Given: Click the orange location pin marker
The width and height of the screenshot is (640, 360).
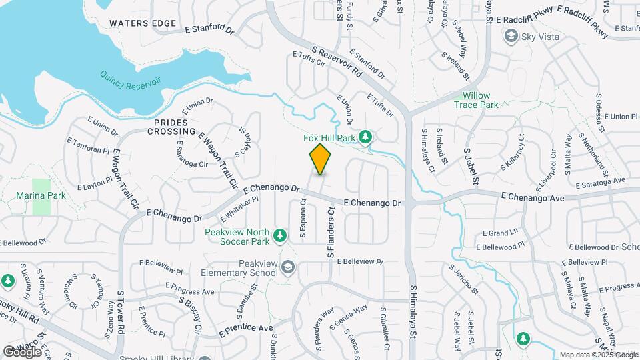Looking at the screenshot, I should [x=320, y=159].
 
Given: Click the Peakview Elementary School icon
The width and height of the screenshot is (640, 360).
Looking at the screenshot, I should [x=288, y=267].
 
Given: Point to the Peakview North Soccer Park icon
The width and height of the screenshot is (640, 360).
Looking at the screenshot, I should [x=281, y=235].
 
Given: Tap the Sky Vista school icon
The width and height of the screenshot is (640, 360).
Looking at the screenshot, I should [x=511, y=37].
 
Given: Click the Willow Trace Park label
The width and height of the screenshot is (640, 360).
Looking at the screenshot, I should [x=476, y=100].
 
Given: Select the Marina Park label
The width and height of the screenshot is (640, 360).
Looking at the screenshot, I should [x=41, y=196].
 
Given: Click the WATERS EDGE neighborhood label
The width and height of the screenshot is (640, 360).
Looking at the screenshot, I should [x=143, y=23].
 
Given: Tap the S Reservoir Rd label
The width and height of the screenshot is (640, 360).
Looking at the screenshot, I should [x=336, y=61].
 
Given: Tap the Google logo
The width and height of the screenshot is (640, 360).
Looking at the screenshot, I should [x=23, y=351].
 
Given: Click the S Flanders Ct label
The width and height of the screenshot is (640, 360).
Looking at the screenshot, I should [x=330, y=232].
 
